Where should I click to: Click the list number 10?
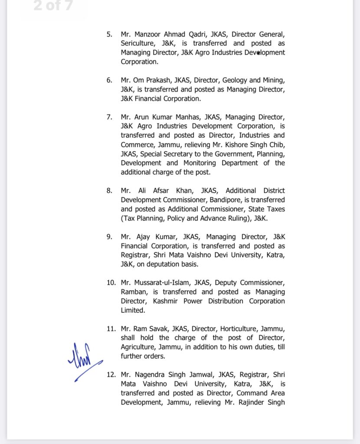click(111, 283)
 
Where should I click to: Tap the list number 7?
click(109, 117)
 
